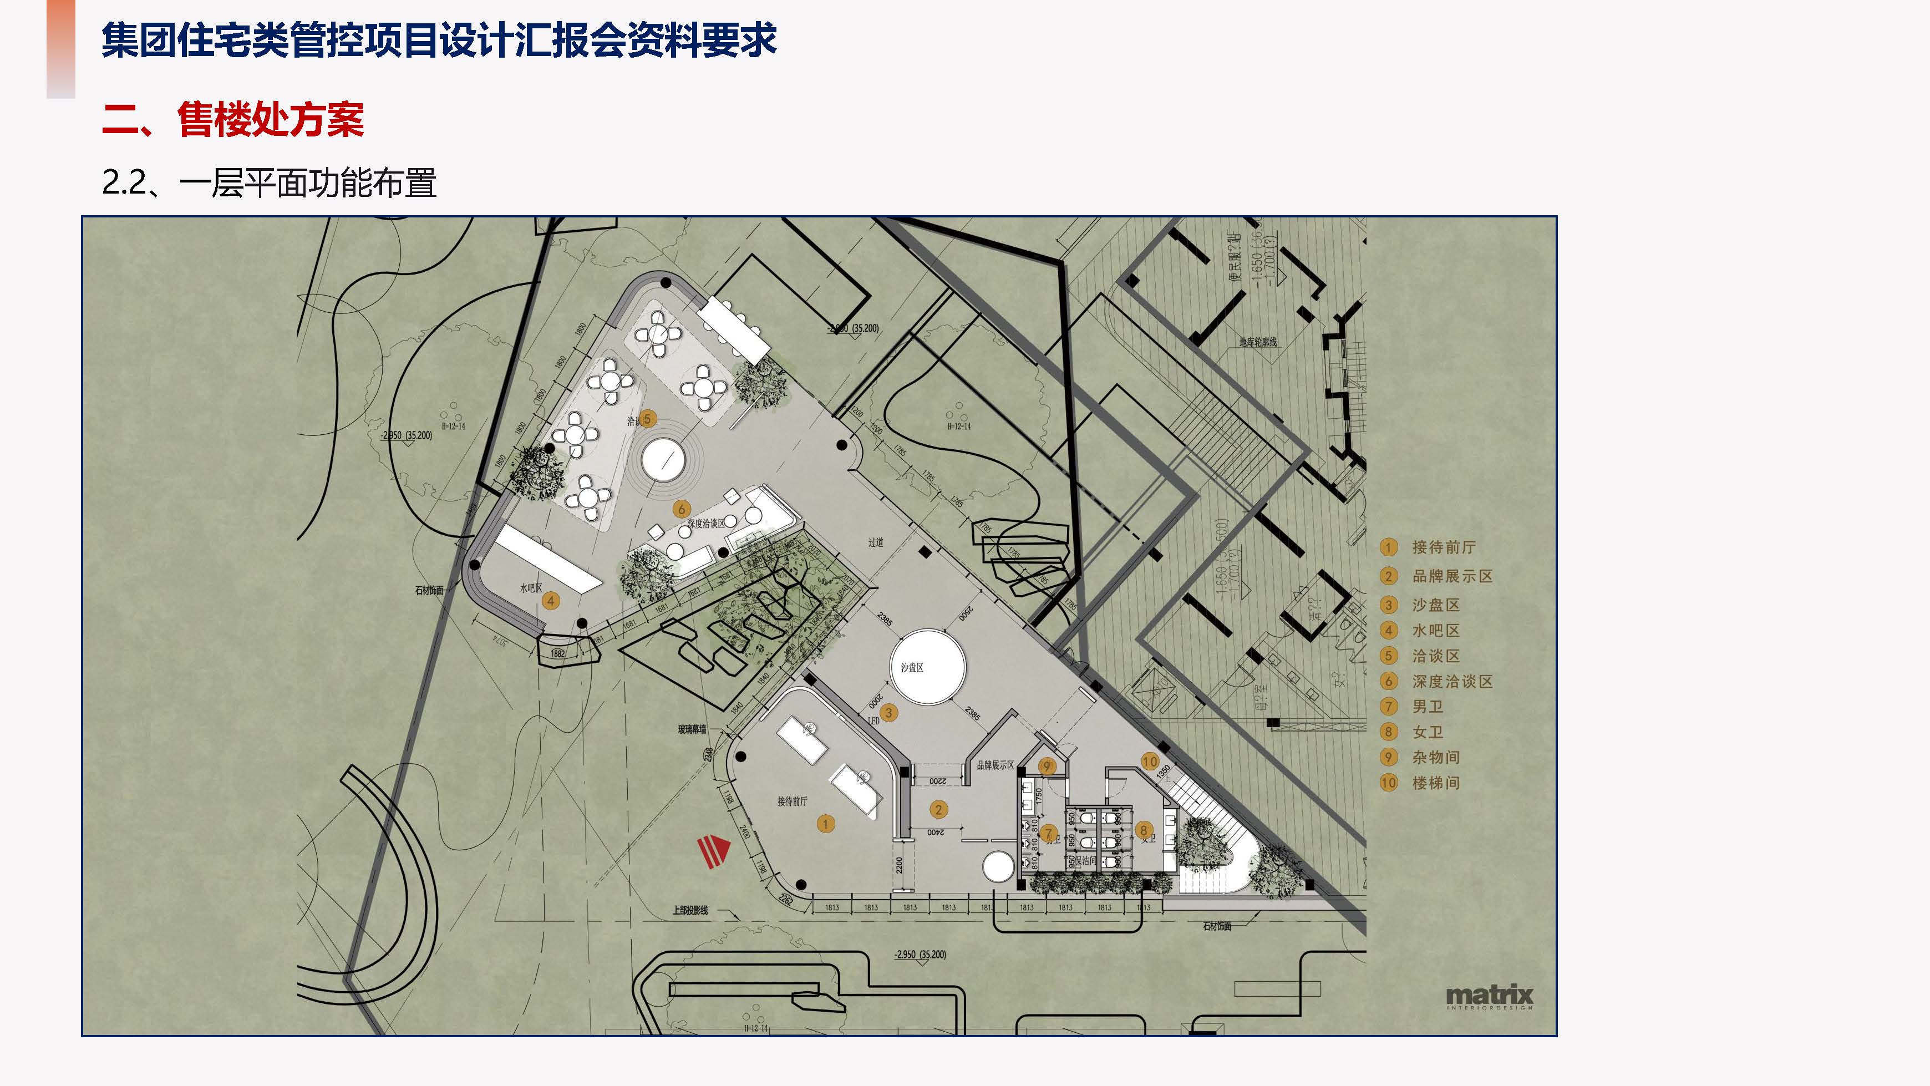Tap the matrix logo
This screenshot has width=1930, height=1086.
click(1489, 995)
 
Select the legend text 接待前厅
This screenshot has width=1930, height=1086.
click(1443, 547)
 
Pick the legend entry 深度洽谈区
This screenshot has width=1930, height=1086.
click(1452, 681)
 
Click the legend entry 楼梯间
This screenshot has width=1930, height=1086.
click(1435, 783)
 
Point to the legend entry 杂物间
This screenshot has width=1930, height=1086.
click(1435, 758)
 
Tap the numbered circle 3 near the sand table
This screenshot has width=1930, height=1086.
click(888, 713)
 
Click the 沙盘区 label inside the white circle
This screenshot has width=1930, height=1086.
click(912, 667)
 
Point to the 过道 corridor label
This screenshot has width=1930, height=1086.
click(876, 542)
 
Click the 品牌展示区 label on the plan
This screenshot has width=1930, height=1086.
click(995, 765)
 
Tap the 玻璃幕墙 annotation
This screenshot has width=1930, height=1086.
click(692, 729)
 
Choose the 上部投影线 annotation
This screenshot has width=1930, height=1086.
click(690, 911)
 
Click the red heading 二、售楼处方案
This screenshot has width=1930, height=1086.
click(233, 119)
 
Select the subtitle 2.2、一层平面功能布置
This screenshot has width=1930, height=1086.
click(269, 183)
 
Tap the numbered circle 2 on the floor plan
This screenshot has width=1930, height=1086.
click(938, 809)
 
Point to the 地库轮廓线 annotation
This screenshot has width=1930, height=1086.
click(1257, 343)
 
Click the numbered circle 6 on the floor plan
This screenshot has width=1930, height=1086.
click(681, 510)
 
